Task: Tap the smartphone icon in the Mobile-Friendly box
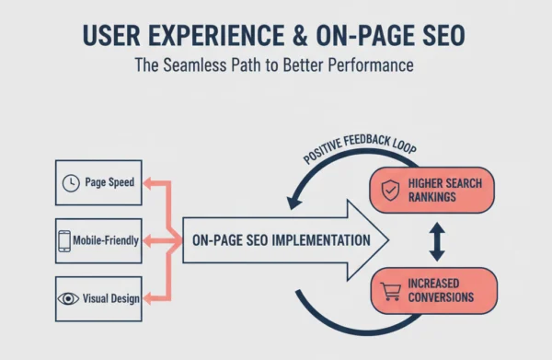(64, 240)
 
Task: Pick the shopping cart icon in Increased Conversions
(390, 290)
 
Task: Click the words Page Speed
(110, 182)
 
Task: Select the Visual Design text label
(110, 298)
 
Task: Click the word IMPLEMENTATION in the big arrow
(318, 240)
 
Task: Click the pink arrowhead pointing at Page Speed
(150, 182)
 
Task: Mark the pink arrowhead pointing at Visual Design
(150, 298)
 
